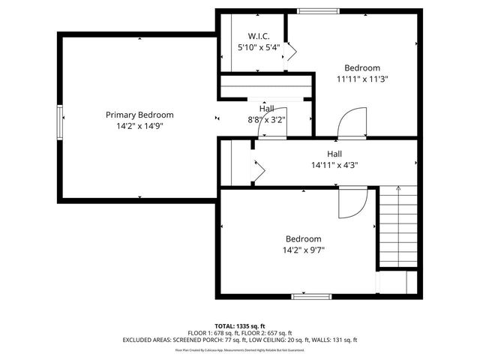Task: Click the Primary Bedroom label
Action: [x=139, y=115]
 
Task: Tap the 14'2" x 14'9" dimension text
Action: [x=139, y=126]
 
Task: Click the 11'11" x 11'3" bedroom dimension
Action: [x=362, y=78]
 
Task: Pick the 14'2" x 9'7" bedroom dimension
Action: [x=303, y=250]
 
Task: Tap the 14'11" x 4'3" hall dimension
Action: [x=334, y=165]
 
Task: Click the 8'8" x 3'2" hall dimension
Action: [x=267, y=119]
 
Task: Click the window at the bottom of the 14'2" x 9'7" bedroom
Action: [x=312, y=296]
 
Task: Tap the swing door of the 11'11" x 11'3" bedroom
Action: [x=350, y=122]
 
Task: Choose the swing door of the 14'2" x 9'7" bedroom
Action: [x=352, y=202]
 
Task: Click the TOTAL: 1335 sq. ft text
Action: [x=240, y=325]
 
